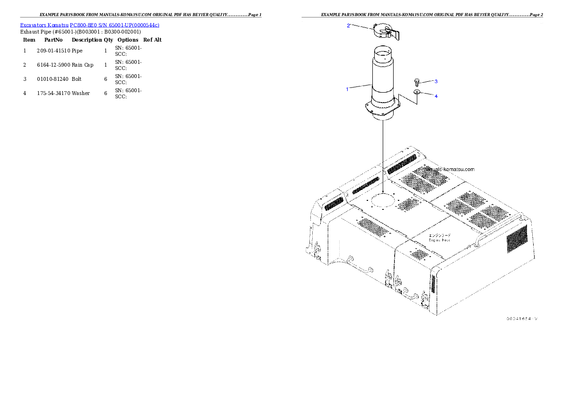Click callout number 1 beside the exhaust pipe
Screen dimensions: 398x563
click(x=347, y=89)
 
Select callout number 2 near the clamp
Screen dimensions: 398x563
click(x=349, y=26)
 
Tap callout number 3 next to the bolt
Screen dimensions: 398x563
click(x=436, y=81)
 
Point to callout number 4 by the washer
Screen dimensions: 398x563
click(x=436, y=96)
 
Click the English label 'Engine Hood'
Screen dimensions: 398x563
click(x=440, y=240)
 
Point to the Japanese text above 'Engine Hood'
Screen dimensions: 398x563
click(x=440, y=235)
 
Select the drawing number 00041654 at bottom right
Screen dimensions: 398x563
click(x=522, y=319)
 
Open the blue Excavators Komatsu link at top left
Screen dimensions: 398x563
click(x=89, y=25)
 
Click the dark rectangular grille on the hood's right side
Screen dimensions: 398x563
click(x=517, y=239)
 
